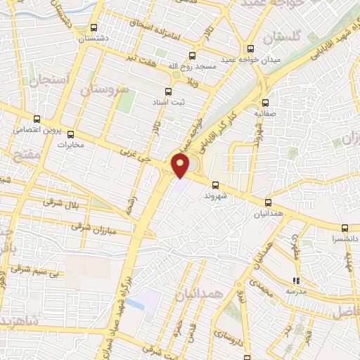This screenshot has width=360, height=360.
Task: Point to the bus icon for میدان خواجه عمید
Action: (251, 49)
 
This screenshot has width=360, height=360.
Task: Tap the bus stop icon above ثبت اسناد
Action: (167, 91)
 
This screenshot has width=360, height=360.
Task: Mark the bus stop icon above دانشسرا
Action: (345, 228)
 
